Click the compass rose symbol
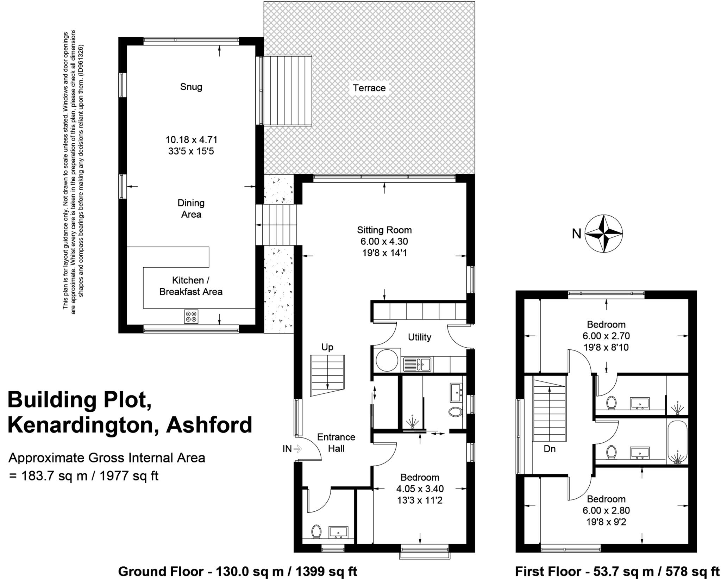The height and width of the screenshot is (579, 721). click(x=603, y=234)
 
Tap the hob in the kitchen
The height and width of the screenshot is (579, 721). click(x=191, y=316)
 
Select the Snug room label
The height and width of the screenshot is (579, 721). click(x=191, y=87)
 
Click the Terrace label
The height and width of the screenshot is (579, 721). click(x=369, y=88)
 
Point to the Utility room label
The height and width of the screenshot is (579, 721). click(x=419, y=337)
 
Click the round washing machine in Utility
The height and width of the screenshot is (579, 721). click(x=387, y=360)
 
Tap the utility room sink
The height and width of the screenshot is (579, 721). click(x=417, y=364)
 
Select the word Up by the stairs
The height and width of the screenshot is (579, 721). click(x=327, y=347)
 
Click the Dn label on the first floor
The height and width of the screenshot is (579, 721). click(x=549, y=449)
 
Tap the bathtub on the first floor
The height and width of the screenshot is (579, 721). click(x=677, y=442)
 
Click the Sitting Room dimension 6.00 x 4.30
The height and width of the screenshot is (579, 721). click(x=384, y=242)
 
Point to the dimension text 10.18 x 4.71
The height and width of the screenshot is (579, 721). click(x=191, y=140)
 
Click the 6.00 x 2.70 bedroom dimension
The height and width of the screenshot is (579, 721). click(x=606, y=336)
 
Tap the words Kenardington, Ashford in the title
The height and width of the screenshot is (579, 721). click(x=130, y=425)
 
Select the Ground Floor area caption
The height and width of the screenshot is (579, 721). click(x=237, y=571)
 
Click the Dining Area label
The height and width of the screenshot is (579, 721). click(x=191, y=208)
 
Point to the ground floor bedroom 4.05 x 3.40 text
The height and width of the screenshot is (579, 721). click(x=420, y=489)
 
